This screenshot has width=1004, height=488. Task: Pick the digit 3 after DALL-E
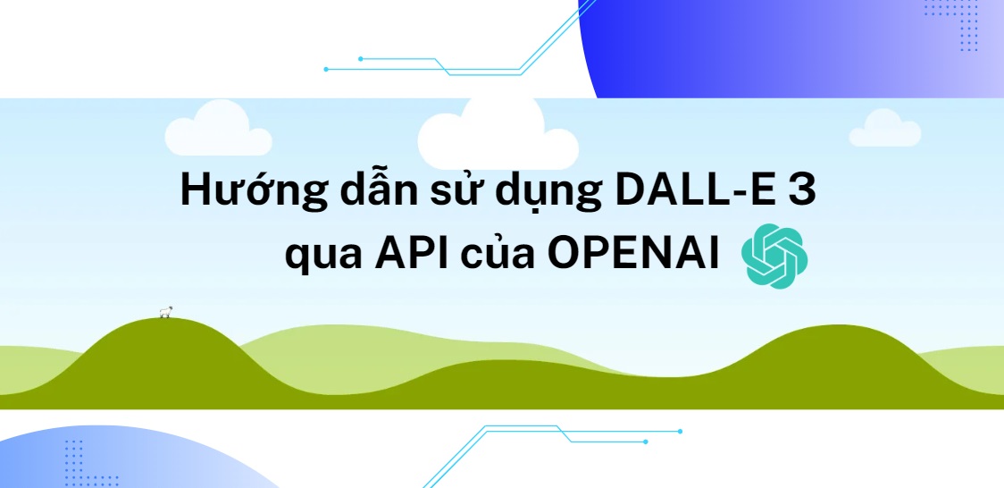click(799, 193)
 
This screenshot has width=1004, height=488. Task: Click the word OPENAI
click(634, 254)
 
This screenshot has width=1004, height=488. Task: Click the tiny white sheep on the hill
click(165, 312)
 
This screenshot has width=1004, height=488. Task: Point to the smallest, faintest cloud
click(883, 130)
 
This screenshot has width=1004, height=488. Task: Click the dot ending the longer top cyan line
click(326, 69)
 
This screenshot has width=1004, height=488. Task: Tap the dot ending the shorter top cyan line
click(360, 59)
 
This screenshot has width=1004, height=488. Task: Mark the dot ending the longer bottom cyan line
click(680, 432)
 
